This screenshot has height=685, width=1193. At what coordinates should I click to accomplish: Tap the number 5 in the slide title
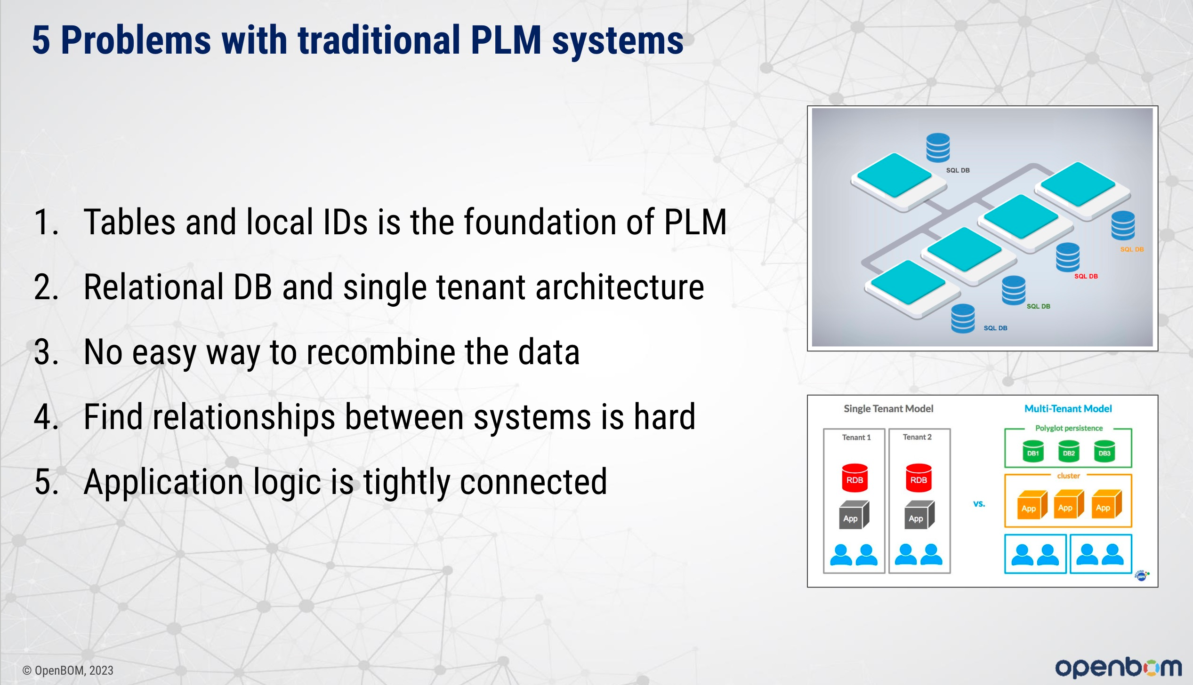click(x=41, y=40)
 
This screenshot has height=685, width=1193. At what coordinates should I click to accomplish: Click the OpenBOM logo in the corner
click(x=1119, y=667)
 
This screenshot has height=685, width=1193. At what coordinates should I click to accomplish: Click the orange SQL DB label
click(x=1132, y=249)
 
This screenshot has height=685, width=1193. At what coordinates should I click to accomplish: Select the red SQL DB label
click(x=1086, y=276)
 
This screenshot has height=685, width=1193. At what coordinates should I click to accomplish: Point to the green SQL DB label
click(x=1038, y=306)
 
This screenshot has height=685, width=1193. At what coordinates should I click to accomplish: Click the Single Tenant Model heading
click(x=888, y=409)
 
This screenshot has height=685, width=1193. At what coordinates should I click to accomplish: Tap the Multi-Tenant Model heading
click(x=1068, y=409)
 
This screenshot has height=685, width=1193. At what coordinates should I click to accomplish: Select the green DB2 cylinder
click(x=1069, y=451)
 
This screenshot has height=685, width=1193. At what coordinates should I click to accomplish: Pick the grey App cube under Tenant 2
click(x=919, y=515)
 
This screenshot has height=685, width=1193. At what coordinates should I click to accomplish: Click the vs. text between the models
click(x=979, y=504)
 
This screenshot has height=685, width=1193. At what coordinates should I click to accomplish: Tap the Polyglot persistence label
click(x=1069, y=428)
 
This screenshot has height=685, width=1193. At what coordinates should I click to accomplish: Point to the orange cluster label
click(x=1068, y=476)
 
